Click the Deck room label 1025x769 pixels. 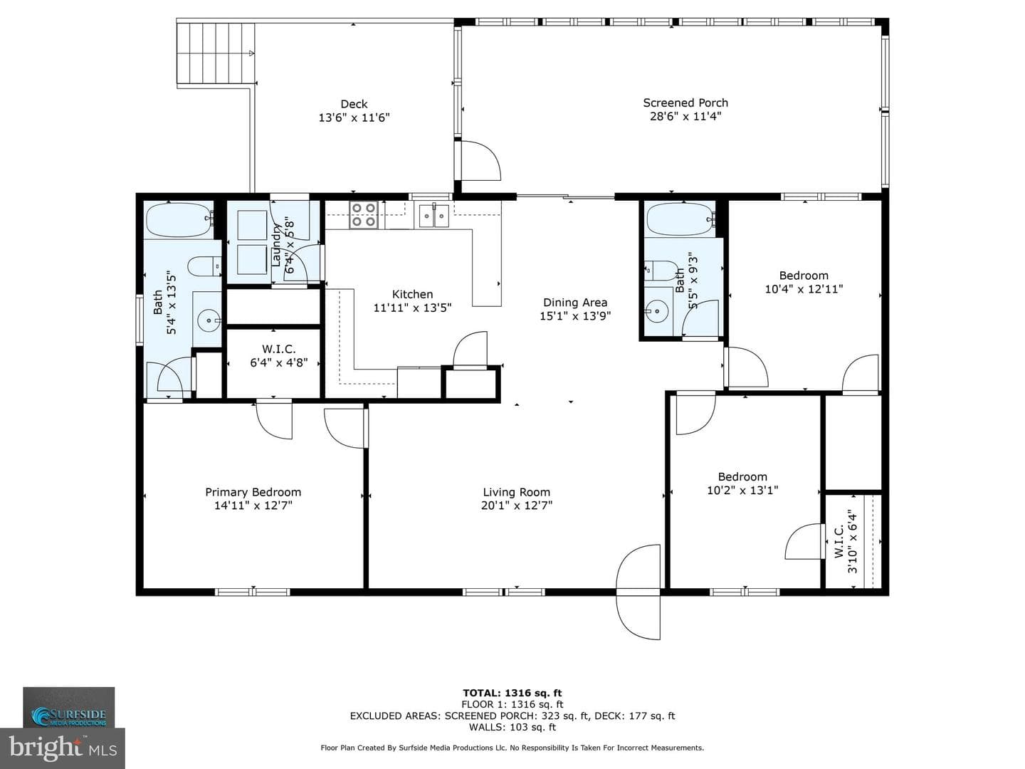point(354,104)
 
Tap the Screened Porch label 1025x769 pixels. point(685,103)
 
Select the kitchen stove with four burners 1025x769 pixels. point(364,215)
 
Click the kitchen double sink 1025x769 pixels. point(433,216)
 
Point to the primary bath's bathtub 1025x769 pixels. point(180,220)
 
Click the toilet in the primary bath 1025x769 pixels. point(204,266)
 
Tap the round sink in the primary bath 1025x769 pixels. point(209,320)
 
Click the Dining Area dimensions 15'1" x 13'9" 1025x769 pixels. point(575,316)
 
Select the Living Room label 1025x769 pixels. point(517,492)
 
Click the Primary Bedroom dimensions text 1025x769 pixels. point(253,506)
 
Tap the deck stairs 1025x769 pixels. point(215,53)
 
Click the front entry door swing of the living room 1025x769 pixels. point(638,591)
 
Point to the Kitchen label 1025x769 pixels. point(412,294)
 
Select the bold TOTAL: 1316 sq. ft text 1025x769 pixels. point(512,693)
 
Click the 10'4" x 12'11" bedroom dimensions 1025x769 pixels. point(804,289)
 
